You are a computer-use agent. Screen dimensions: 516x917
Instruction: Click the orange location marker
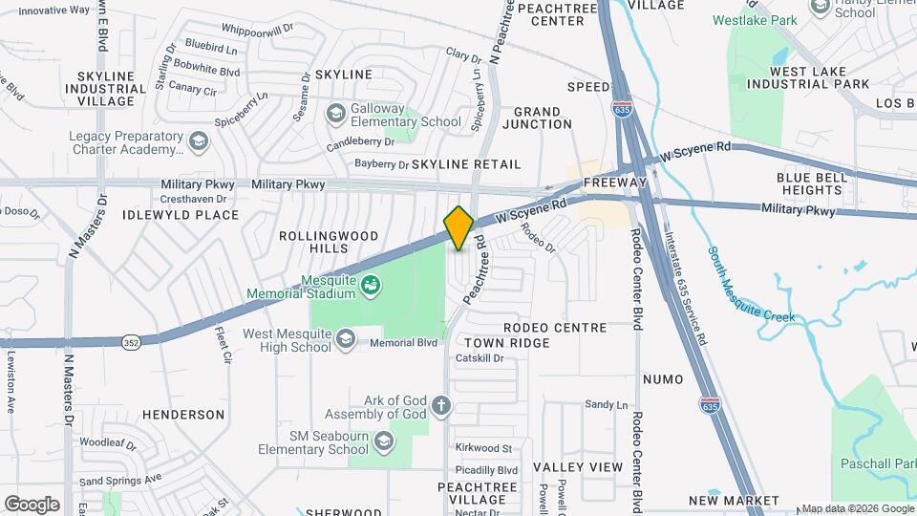click(458, 227)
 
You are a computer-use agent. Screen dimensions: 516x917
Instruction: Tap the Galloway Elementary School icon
click(335, 115)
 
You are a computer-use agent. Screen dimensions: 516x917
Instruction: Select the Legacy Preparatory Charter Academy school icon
click(198, 143)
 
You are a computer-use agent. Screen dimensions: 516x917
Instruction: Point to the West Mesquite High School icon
click(347, 340)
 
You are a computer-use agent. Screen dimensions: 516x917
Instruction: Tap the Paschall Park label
click(877, 463)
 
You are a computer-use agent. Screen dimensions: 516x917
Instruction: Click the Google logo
click(32, 504)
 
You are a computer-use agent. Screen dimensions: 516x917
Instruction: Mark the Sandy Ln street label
click(606, 405)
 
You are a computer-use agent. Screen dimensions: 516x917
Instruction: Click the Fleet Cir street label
click(224, 347)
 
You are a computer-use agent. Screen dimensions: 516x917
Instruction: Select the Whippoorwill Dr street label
click(257, 31)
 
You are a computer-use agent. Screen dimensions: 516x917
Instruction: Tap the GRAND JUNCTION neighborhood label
click(544, 118)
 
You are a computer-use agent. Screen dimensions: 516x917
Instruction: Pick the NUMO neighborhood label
click(663, 379)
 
